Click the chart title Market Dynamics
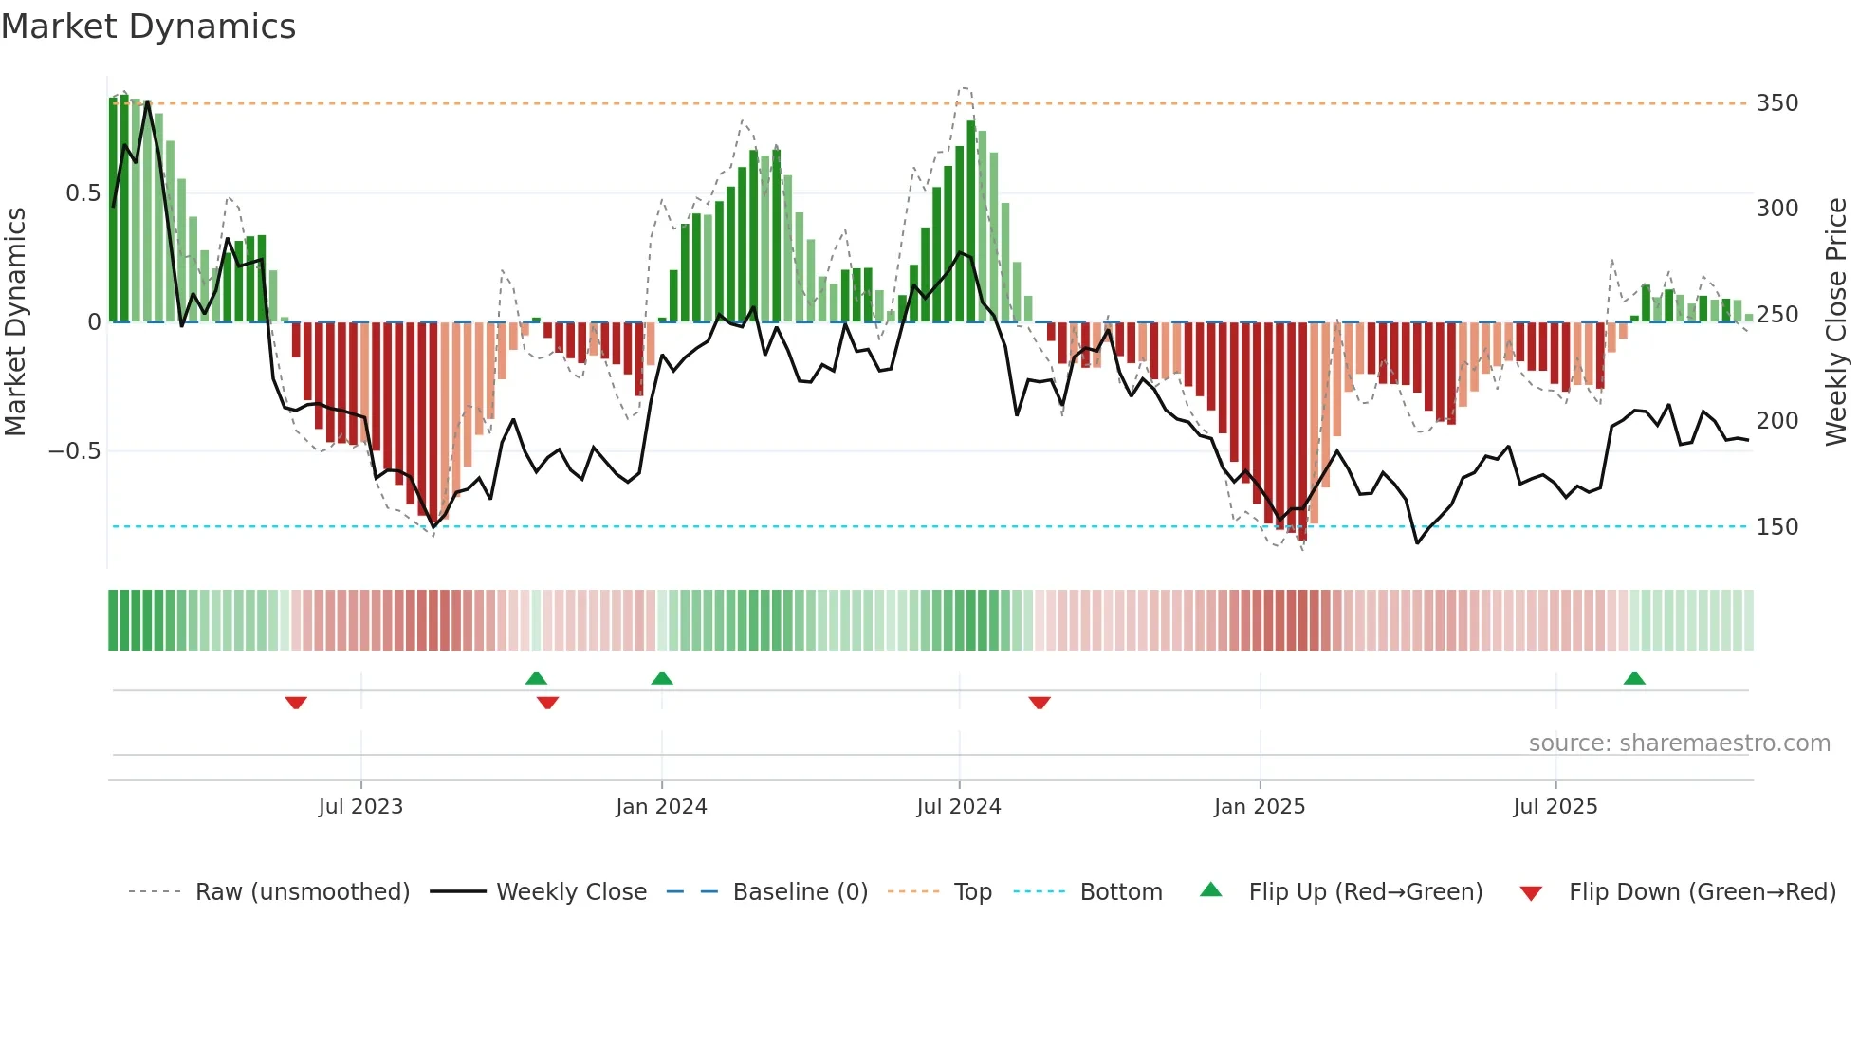(x=148, y=27)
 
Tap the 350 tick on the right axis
(x=1776, y=103)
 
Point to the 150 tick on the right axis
(x=1776, y=527)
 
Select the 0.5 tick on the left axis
(x=83, y=193)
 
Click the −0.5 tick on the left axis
(x=75, y=451)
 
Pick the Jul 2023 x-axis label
(x=360, y=807)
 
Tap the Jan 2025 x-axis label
(x=1260, y=807)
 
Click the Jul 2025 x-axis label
(x=1555, y=807)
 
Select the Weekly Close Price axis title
(x=1836, y=322)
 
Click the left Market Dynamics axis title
(x=15, y=322)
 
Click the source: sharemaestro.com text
(x=1679, y=743)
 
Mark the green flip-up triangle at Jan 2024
(x=662, y=678)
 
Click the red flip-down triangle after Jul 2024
(x=1040, y=703)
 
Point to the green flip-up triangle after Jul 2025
(x=1634, y=678)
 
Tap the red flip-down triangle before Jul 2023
(x=296, y=703)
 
